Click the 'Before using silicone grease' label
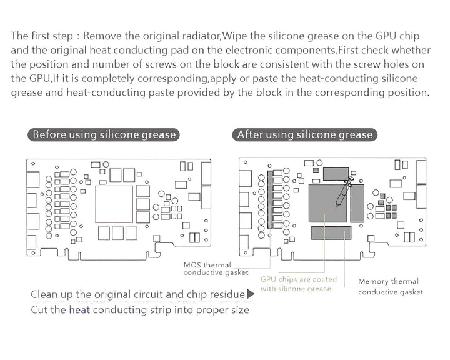[104, 134]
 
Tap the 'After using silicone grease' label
[304, 134]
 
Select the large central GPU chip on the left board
[114, 204]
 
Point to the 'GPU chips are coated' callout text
[298, 279]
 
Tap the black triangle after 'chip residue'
[251, 294]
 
